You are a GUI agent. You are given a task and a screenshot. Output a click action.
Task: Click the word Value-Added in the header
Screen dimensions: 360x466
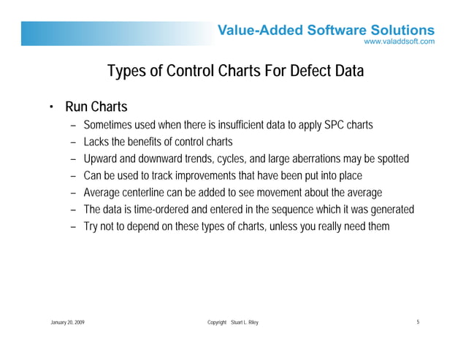[x=257, y=30]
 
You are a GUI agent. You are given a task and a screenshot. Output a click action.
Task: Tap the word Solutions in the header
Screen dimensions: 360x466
[x=399, y=30]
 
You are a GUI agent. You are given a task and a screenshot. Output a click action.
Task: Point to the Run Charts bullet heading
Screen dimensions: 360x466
[x=96, y=108]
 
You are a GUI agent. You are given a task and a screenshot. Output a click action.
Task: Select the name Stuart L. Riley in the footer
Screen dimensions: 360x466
[x=244, y=322]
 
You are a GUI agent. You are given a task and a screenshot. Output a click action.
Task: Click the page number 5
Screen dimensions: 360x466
[x=417, y=322]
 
